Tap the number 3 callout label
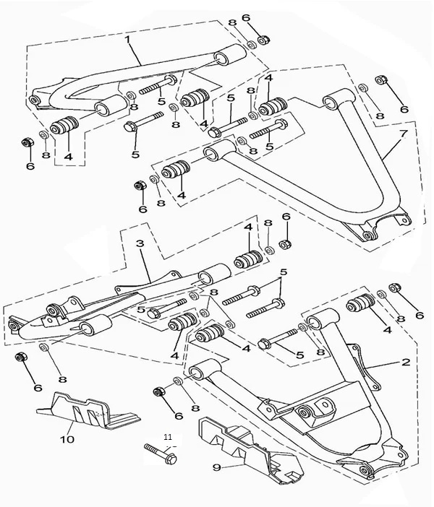(140, 245)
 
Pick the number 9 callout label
(215, 467)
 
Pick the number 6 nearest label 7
(403, 109)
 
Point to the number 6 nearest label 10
(37, 387)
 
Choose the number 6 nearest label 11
(179, 415)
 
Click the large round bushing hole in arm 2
(307, 412)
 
